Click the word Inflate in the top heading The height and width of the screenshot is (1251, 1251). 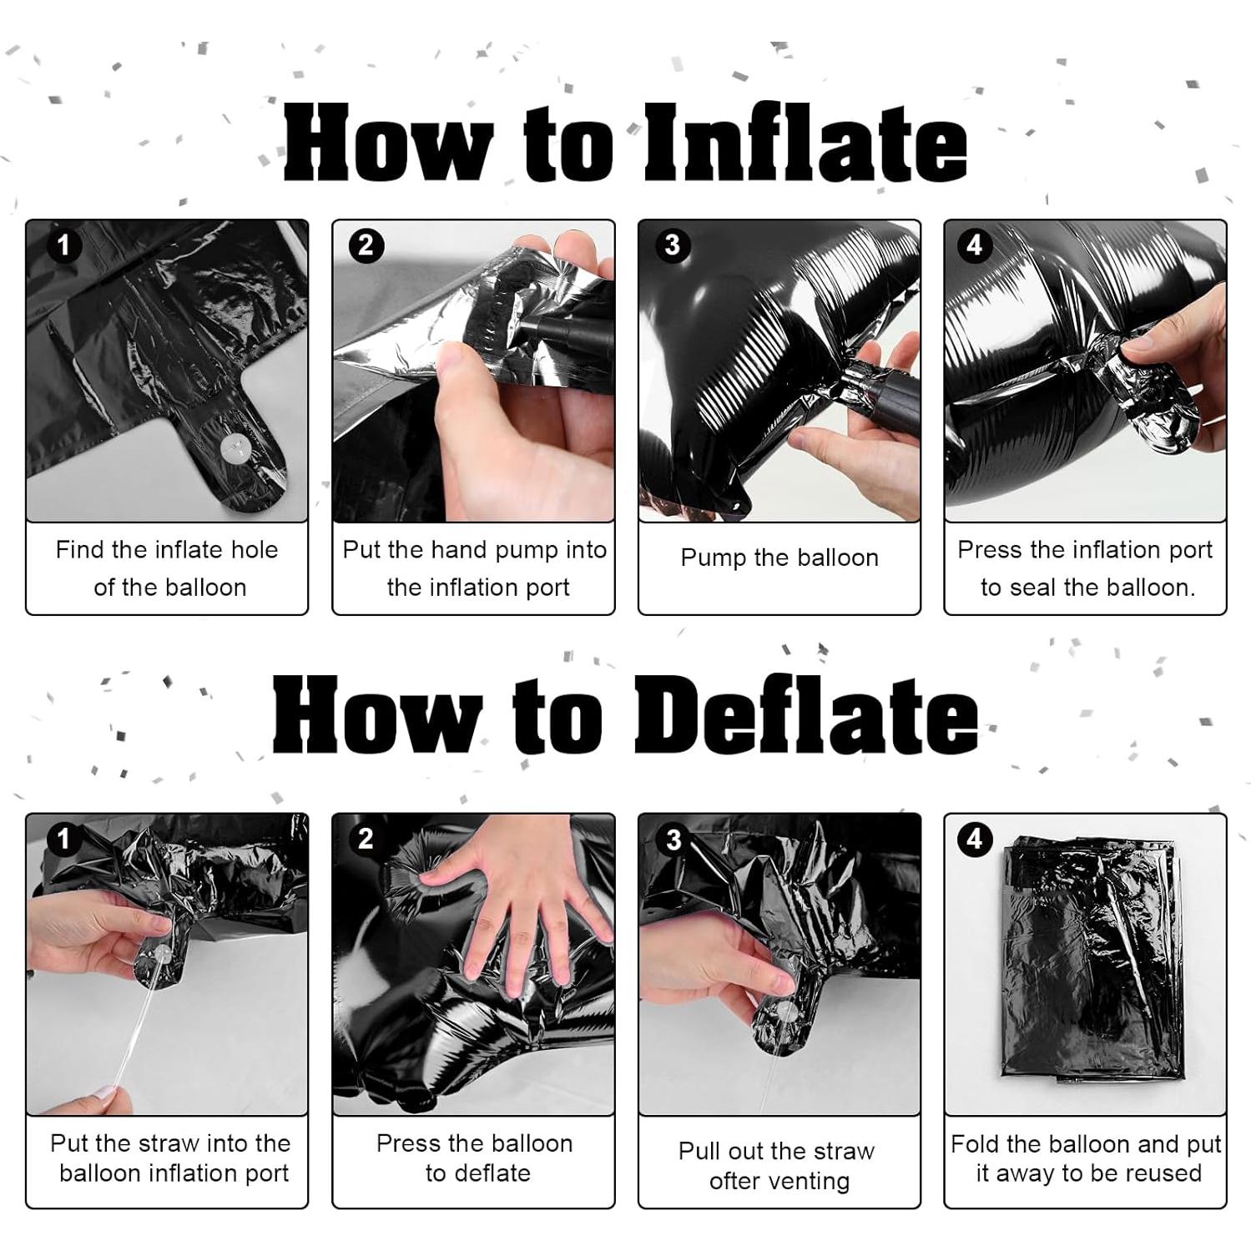(x=806, y=141)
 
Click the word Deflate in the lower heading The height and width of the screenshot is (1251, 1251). (x=806, y=714)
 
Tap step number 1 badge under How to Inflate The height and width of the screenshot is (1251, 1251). (x=64, y=245)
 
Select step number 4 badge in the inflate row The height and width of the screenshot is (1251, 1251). (x=974, y=245)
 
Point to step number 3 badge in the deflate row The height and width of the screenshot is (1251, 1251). (x=673, y=839)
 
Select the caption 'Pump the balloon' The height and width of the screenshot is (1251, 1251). (x=779, y=558)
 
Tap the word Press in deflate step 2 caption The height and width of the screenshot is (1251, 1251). (x=409, y=1143)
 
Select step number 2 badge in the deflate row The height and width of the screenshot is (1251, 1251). (x=366, y=839)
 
